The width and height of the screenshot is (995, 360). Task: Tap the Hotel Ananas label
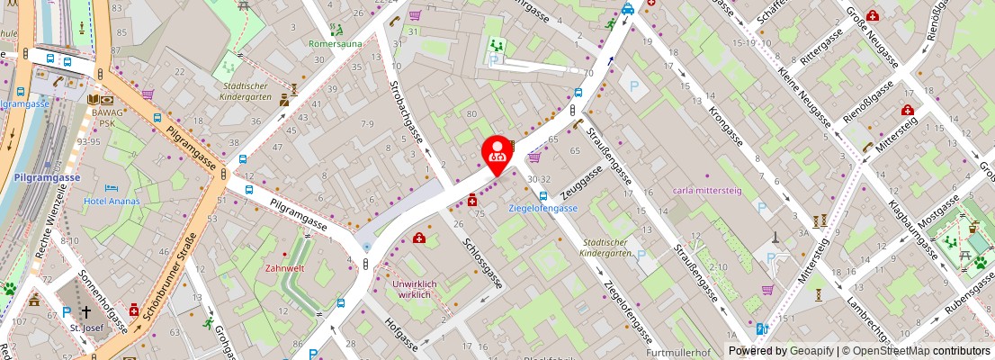point(112,201)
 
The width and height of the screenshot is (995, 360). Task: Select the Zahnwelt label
point(284,268)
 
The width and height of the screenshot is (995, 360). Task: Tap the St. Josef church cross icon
point(85,312)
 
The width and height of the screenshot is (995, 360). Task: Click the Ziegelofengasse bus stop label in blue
point(543,208)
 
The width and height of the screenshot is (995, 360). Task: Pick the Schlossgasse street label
point(483,264)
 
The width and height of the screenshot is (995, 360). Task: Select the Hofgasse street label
point(401,331)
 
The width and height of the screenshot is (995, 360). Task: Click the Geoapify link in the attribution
point(811,351)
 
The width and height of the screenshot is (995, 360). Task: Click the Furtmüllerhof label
point(678,353)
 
